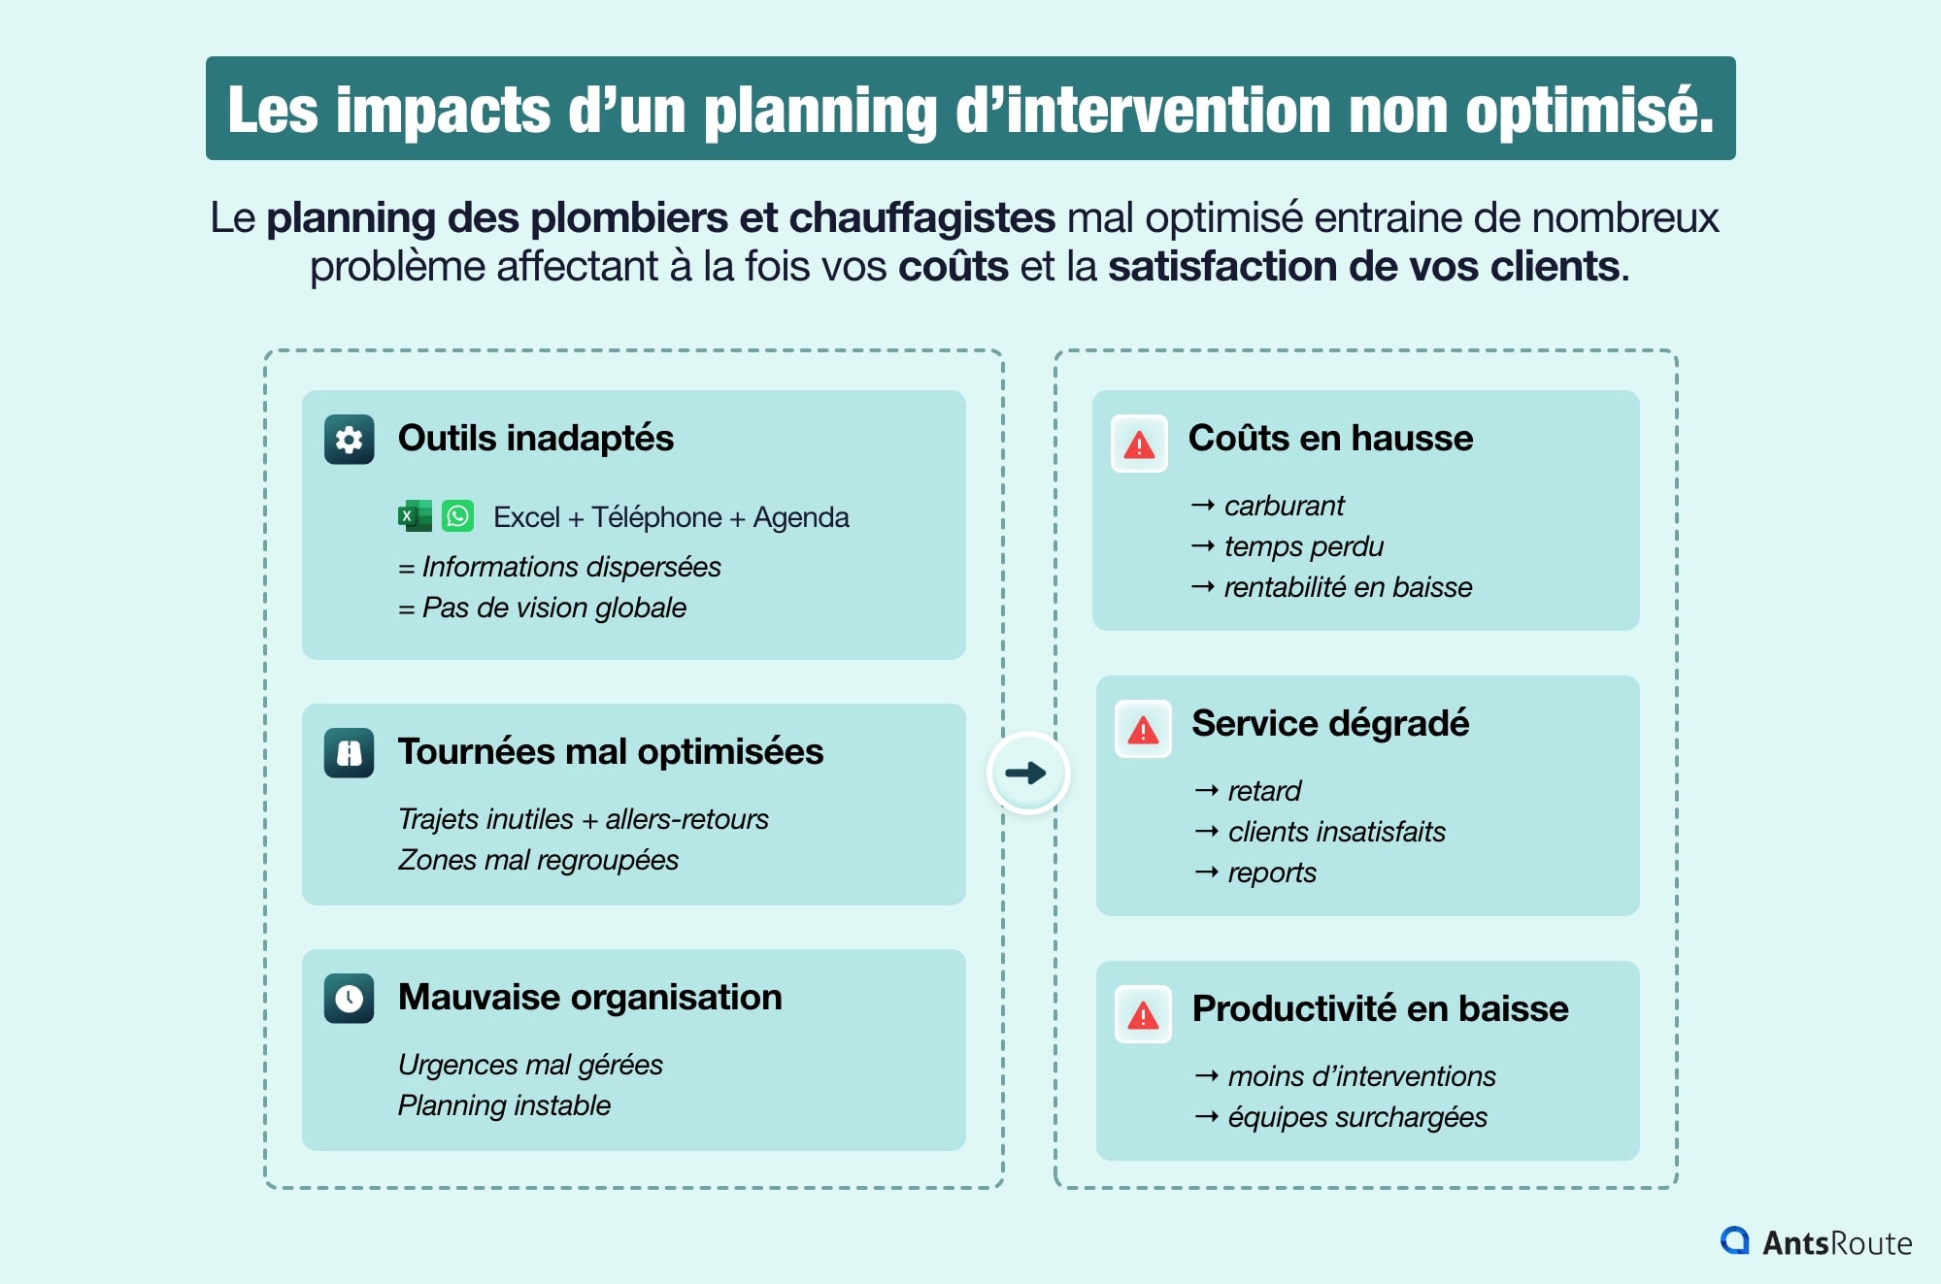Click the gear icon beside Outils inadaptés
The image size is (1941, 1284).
tap(349, 440)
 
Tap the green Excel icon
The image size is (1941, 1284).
tap(415, 516)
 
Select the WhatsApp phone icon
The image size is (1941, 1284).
tap(457, 515)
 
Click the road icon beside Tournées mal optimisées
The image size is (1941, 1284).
tap(349, 753)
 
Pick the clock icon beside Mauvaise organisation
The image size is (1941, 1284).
tap(349, 999)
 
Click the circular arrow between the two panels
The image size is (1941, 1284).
tap(1027, 773)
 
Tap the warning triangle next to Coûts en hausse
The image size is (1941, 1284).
tap(1139, 444)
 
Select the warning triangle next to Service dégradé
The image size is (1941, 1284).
tap(1143, 730)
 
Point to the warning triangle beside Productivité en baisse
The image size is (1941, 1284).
tap(1143, 1015)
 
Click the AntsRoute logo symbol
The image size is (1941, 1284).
tap(1734, 1240)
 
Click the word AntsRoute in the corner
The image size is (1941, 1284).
tap(1836, 1243)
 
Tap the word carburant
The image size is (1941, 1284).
tap(1284, 506)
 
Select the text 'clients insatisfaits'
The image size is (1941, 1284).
tap(1336, 832)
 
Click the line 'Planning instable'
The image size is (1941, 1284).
tap(504, 1105)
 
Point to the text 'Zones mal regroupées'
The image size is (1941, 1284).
tap(538, 860)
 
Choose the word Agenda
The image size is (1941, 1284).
tap(801, 517)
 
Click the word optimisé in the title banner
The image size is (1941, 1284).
tap(1590, 110)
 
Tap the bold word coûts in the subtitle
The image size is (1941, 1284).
tap(953, 267)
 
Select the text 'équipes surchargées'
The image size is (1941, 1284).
tap(1356, 1117)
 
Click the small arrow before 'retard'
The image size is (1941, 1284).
tap(1206, 791)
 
